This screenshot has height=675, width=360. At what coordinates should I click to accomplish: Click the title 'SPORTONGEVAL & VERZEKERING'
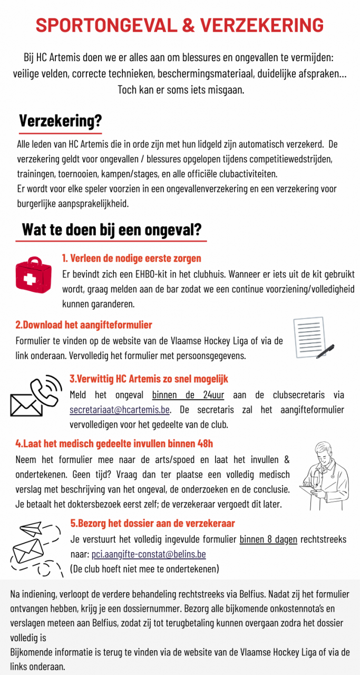(180, 25)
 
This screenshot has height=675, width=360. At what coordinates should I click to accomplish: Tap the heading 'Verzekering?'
(60, 121)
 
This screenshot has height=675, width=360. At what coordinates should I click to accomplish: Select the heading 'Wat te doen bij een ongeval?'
(111, 230)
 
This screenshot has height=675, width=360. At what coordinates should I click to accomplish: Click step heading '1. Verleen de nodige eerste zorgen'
(131, 258)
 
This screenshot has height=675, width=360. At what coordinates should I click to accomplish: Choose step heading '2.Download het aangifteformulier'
(84, 325)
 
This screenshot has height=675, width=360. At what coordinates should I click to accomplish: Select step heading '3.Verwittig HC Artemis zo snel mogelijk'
(149, 379)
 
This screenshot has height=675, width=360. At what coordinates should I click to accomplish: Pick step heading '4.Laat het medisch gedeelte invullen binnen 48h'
(114, 443)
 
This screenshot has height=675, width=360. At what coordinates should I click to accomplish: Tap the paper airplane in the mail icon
(30, 527)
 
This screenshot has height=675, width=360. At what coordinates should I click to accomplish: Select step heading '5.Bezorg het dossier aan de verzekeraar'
(152, 523)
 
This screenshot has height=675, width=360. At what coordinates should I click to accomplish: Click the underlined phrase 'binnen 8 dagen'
(268, 539)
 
